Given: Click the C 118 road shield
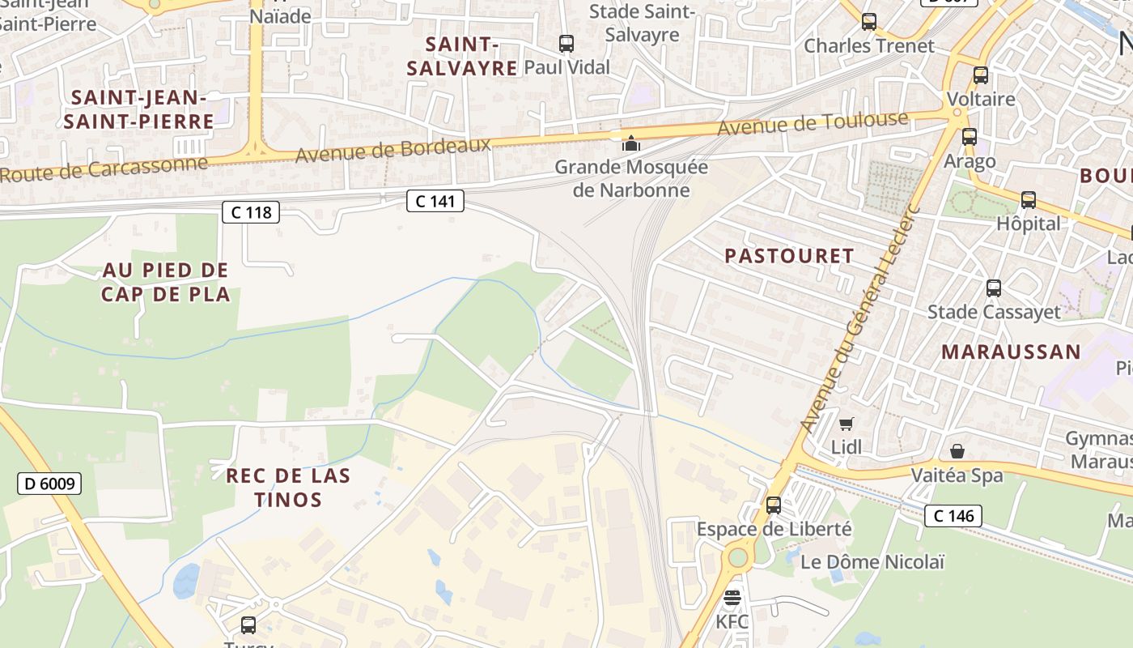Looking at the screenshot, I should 251,212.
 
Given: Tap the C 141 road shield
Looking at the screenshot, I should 435,200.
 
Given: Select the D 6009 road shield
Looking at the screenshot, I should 49,484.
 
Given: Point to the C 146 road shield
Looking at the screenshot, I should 953,515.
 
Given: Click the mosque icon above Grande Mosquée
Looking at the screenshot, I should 630,144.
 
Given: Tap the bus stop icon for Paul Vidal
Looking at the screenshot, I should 566,44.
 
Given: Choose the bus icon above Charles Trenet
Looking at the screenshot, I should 869,22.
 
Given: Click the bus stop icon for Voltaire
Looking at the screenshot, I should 981,75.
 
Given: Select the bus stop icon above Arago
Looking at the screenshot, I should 970,137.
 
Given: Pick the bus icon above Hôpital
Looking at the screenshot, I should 1029,199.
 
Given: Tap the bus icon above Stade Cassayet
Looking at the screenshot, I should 994,288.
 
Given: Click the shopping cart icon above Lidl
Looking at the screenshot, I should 847,424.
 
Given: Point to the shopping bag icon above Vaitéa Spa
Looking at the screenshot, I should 957,451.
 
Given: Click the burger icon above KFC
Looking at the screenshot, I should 732,598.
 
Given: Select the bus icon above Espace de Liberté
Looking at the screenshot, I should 774,505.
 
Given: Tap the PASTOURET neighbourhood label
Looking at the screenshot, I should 789,256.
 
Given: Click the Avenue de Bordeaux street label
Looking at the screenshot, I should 393,149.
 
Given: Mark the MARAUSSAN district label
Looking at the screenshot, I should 1011,352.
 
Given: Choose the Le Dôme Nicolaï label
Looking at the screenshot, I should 861,561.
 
